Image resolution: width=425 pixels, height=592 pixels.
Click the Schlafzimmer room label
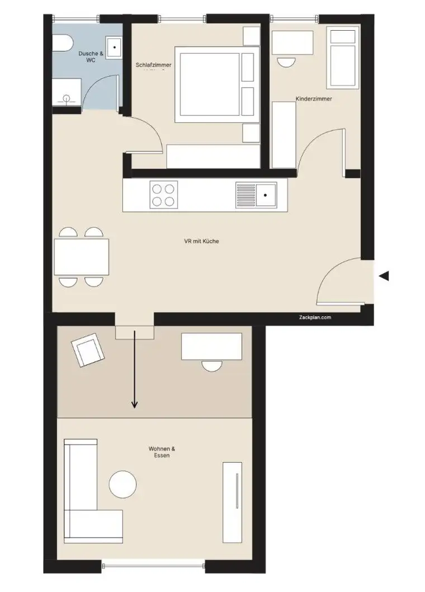tap(153, 65)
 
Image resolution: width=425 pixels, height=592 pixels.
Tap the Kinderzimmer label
tap(314, 99)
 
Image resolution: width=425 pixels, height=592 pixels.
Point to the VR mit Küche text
tap(201, 242)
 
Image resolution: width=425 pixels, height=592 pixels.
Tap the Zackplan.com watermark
tap(315, 317)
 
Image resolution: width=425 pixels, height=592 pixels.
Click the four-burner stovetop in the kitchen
tap(164, 195)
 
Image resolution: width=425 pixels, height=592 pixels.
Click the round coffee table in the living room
tap(122, 484)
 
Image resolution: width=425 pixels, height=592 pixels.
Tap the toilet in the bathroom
tap(60, 44)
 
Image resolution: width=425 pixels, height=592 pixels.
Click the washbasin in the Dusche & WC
tap(114, 47)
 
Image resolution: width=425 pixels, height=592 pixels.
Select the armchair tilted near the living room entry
tap(88, 350)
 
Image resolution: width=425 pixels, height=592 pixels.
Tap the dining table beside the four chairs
tap(82, 256)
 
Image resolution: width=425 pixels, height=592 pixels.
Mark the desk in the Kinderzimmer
tap(292, 42)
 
